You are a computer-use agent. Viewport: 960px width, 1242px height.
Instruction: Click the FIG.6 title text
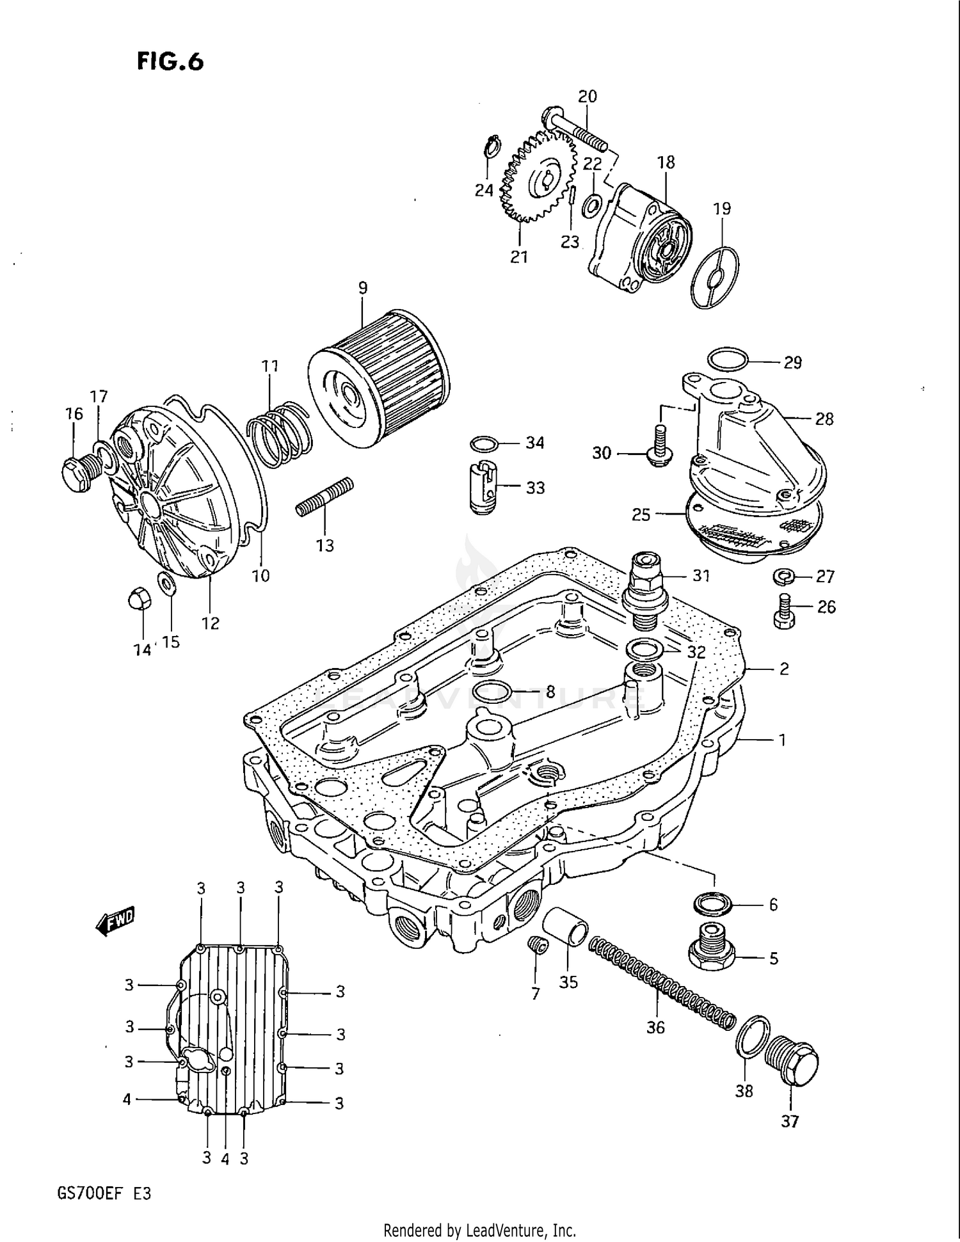[x=170, y=61]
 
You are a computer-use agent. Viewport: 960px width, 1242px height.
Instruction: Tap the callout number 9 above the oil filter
[x=363, y=288]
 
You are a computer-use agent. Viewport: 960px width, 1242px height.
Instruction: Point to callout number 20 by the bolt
[x=587, y=97]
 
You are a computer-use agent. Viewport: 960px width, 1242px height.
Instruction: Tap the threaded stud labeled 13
[x=324, y=497]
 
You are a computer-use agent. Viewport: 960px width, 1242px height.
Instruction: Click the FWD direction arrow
[x=115, y=922]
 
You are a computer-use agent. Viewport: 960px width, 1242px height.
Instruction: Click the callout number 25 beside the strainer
[x=641, y=514]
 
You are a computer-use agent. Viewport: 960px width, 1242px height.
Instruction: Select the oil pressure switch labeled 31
[x=645, y=585]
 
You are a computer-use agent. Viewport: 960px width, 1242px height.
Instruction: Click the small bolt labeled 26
[x=783, y=612]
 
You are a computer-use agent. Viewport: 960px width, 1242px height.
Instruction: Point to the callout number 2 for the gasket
[x=783, y=669]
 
